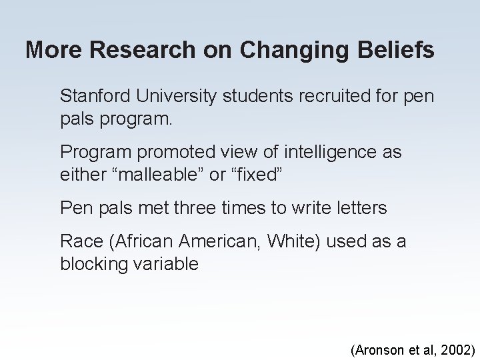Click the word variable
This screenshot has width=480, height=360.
coord(165,264)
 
